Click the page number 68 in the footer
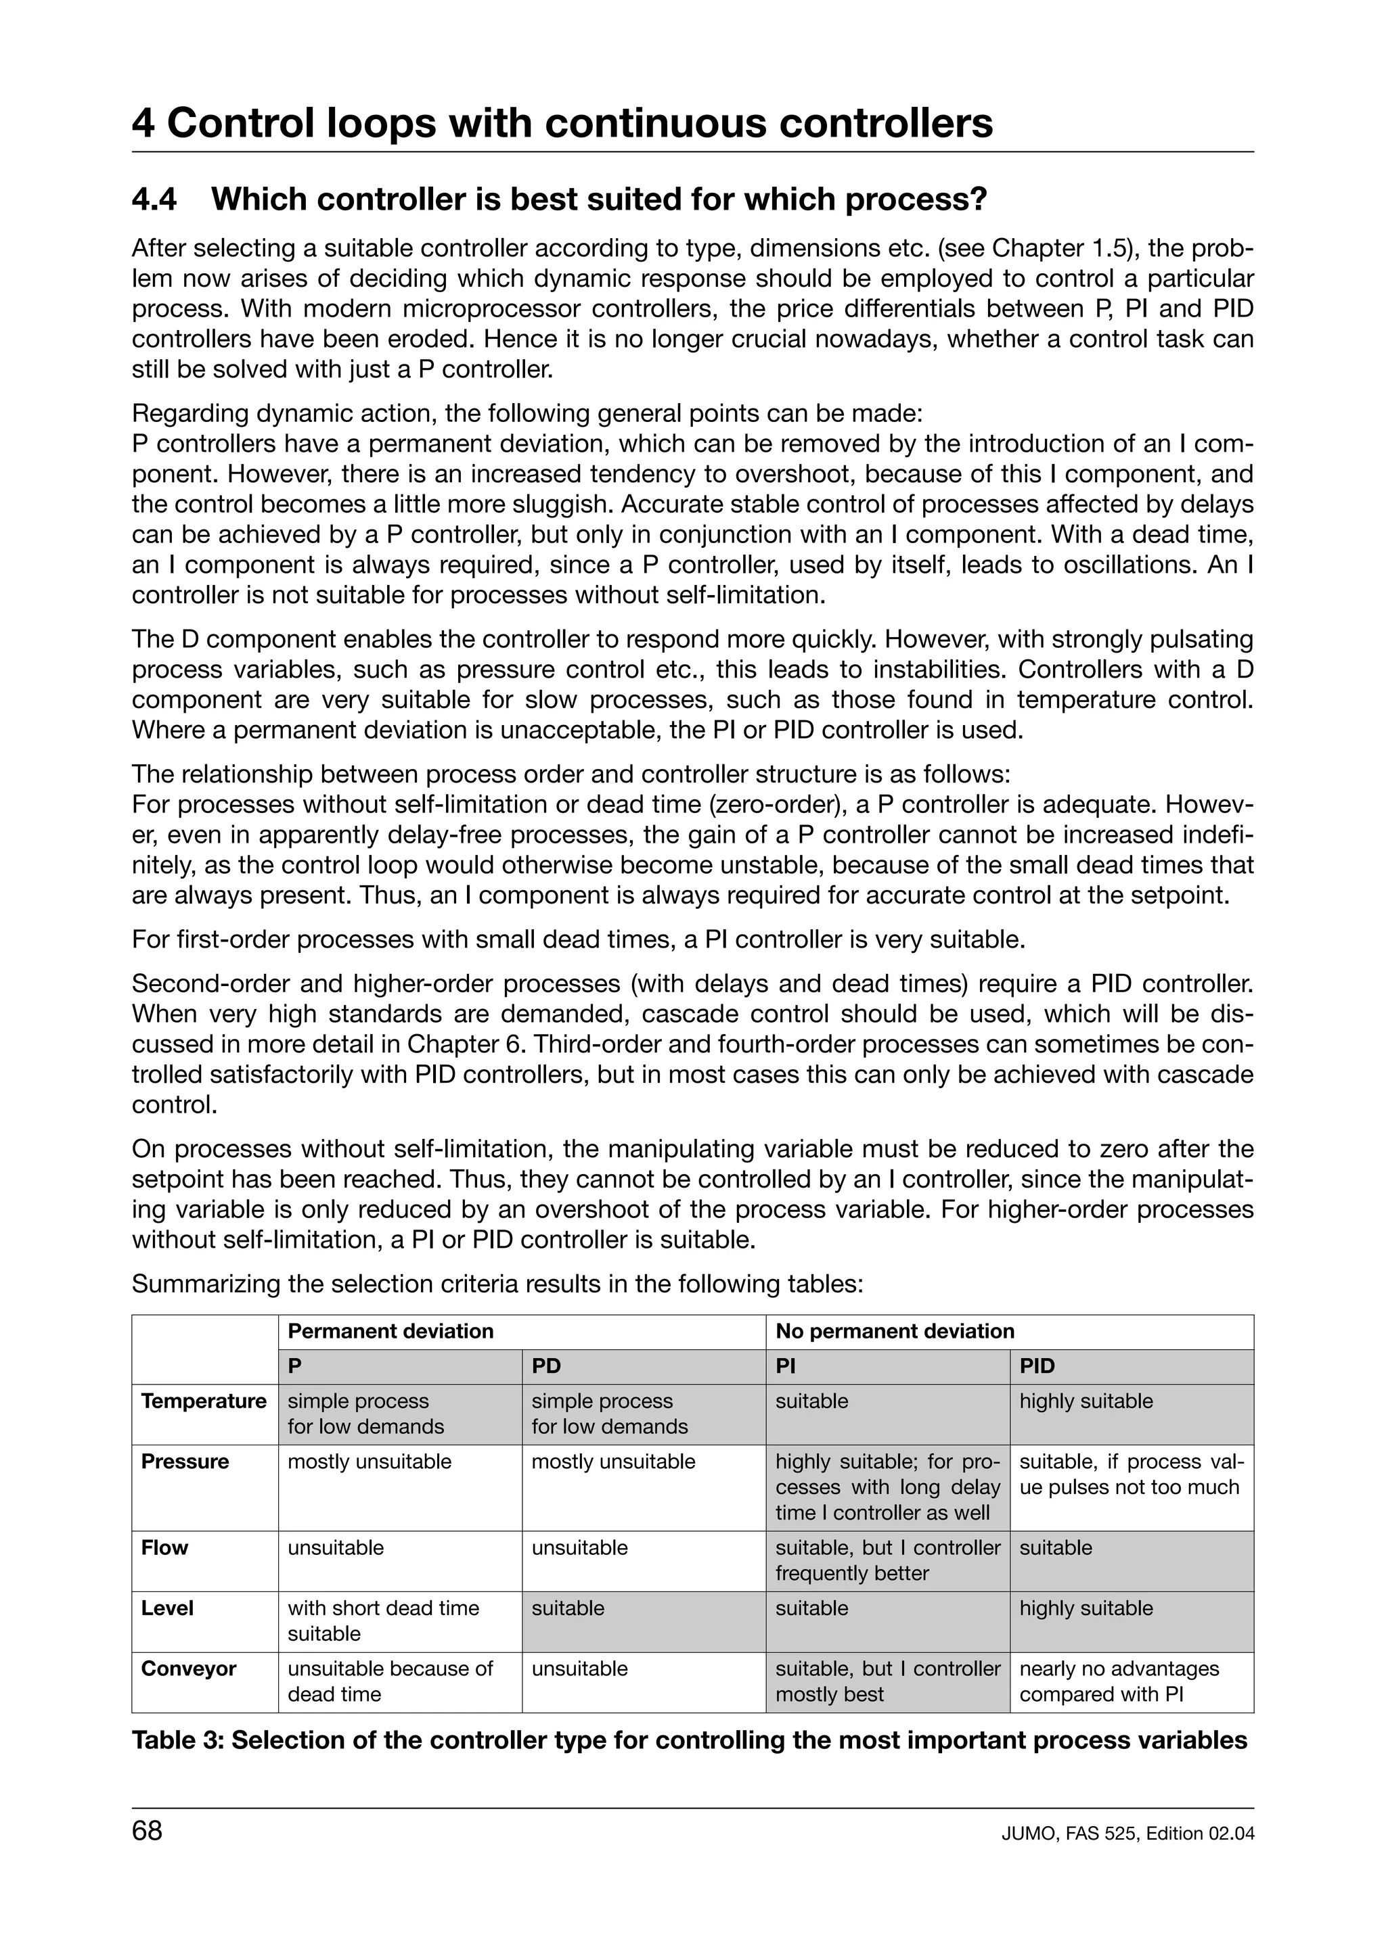pyautogui.click(x=147, y=1831)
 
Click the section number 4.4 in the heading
pyautogui.click(x=154, y=199)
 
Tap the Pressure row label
pyautogui.click(x=185, y=1462)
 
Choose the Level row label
pyautogui.click(x=167, y=1608)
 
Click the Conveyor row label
pyautogui.click(x=189, y=1669)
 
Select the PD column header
pyautogui.click(x=547, y=1366)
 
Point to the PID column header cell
pyautogui.click(x=1037, y=1366)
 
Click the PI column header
pyautogui.click(x=785, y=1366)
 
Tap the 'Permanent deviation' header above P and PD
pyautogui.click(x=390, y=1331)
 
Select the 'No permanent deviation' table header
pyautogui.click(x=894, y=1331)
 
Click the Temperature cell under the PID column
pyautogui.click(x=1086, y=1402)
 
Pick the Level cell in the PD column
pyautogui.click(x=568, y=1608)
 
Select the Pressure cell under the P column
pyautogui.click(x=369, y=1462)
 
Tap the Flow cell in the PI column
pyautogui.click(x=887, y=1560)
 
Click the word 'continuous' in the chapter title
pyautogui.click(x=665, y=124)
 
